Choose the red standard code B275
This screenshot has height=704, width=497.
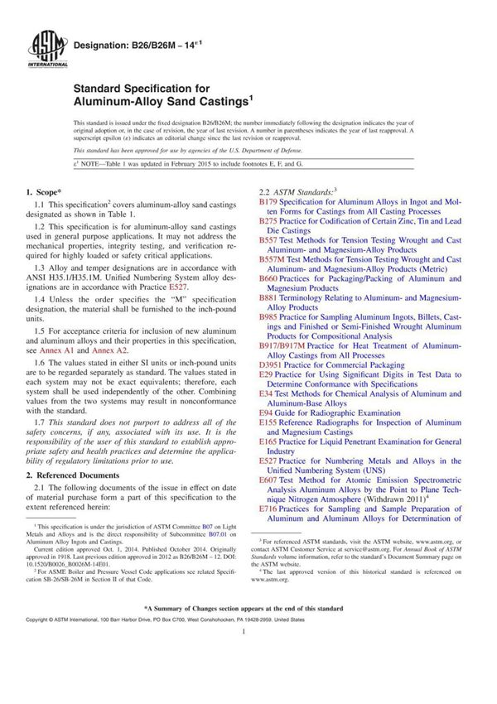(268, 221)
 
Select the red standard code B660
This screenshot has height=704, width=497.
(268, 279)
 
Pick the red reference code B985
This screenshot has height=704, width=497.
(268, 317)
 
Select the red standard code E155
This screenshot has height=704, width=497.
(268, 422)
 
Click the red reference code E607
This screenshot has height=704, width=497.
(268, 480)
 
